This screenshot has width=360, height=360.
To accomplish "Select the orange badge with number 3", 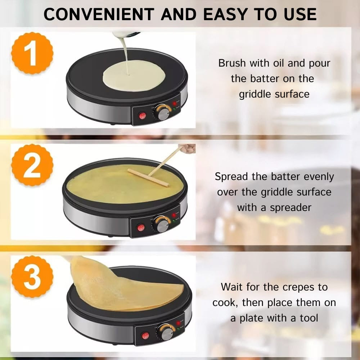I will coord(32,277).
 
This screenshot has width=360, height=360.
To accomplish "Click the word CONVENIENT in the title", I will coord(98,14).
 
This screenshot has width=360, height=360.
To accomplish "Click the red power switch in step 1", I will coord(142,116).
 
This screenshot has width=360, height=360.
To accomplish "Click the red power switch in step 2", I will coord(141,228).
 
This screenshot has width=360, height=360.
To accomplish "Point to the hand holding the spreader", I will coord(188,148).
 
